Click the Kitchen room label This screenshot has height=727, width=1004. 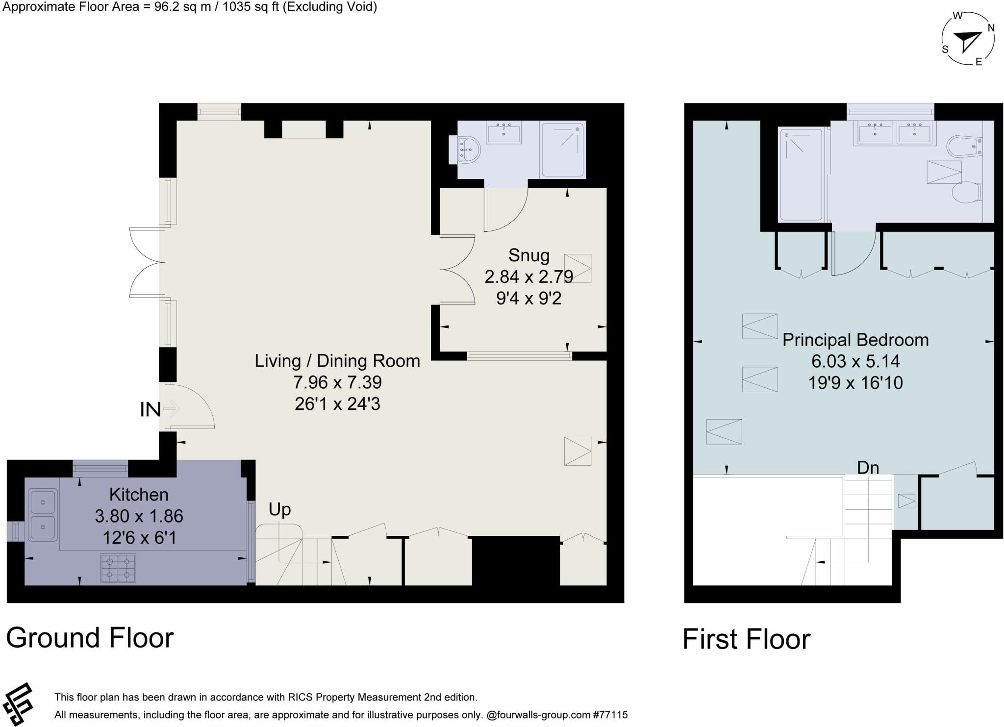click(139, 495)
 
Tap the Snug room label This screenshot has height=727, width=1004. click(528, 255)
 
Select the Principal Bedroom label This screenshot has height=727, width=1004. click(855, 340)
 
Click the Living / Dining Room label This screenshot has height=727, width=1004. click(337, 361)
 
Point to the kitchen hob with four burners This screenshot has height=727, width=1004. click(118, 568)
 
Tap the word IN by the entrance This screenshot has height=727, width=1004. click(150, 410)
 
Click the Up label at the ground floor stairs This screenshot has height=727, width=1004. click(279, 510)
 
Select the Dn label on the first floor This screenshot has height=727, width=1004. click(868, 468)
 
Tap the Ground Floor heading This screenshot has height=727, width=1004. click(90, 638)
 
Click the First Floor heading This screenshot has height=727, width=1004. click(746, 639)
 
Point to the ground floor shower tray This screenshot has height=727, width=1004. click(563, 150)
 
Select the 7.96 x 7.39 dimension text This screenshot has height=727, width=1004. click(337, 382)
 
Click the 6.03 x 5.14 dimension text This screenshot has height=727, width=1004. click(855, 361)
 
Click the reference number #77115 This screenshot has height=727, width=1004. click(610, 715)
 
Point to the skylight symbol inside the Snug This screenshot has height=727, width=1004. click(577, 268)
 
